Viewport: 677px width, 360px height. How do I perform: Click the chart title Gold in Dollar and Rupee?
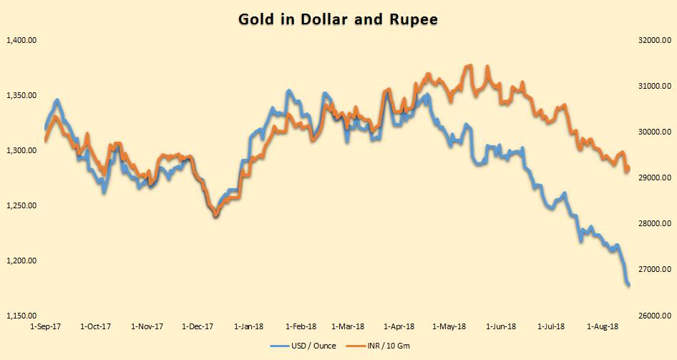(338, 19)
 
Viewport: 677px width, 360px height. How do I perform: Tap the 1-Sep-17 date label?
(44, 327)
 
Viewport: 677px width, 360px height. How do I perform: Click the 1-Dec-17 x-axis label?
(198, 327)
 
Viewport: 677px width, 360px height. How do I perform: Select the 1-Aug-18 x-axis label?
(603, 327)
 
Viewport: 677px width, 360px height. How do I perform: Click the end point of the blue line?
(628, 285)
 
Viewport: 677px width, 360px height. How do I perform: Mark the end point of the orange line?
(628, 170)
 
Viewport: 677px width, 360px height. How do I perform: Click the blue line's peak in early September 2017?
(57, 101)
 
